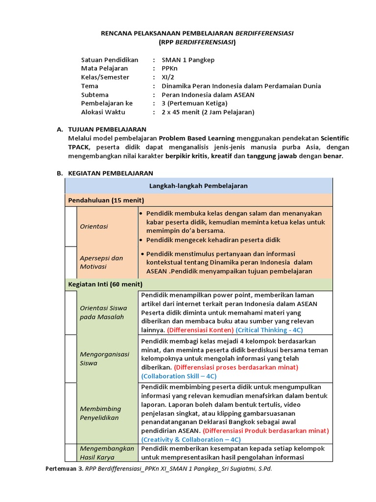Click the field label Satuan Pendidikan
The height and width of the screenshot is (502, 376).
[110, 60]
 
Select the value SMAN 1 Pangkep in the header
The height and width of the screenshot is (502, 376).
[188, 60]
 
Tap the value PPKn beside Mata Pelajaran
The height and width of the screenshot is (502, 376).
[170, 69]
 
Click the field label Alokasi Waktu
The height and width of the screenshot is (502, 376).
[103, 112]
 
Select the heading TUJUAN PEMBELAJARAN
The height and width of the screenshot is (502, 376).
[107, 129]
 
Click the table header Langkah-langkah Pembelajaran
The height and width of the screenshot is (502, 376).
[198, 186]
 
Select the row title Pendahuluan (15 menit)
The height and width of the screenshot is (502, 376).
[106, 200]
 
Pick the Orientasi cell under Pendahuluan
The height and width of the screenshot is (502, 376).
[94, 226]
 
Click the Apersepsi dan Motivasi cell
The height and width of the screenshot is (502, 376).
[101, 262]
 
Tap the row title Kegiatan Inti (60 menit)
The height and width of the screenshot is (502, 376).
[105, 284]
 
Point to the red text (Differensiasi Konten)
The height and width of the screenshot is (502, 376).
[200, 330]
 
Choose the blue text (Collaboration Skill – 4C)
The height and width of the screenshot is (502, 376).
[179, 376]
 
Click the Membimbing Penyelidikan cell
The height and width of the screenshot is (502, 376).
[100, 413]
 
